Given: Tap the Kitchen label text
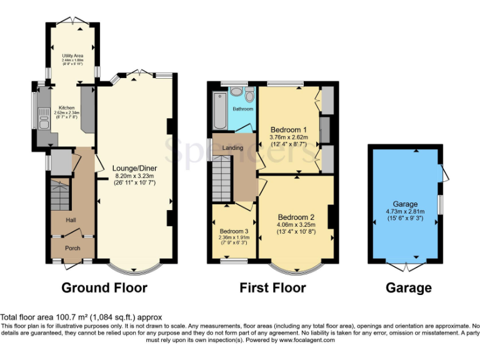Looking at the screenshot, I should click(66, 107).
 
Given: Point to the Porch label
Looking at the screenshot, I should click(73, 248).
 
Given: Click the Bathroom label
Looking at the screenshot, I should click(243, 109).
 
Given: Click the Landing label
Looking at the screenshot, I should click(232, 147).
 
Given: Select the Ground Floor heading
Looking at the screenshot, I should click(104, 287).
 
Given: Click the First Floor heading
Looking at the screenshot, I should click(273, 287).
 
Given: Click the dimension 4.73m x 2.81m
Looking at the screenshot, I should click(406, 212).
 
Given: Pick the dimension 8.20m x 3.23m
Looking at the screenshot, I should click(133, 176).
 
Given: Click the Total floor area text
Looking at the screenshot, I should click(81, 317).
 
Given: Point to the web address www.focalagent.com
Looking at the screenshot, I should click(306, 340).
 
